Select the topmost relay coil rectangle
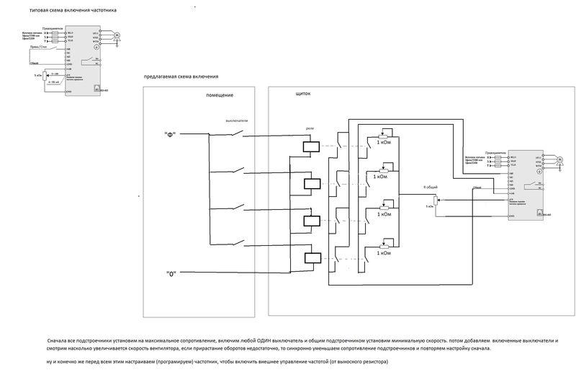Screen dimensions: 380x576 310,146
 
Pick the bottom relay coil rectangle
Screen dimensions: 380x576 310,257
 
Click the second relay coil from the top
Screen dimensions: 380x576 310,182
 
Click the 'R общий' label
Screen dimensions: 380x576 431,186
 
